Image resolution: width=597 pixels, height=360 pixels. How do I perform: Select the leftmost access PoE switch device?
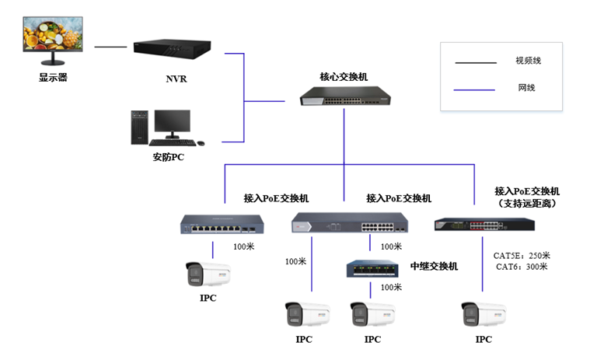tap(218, 224)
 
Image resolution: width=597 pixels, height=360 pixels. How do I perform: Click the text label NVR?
tap(176, 79)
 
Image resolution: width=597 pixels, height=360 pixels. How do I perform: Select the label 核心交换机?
tap(344, 76)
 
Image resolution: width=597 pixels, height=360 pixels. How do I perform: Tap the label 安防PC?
tap(169, 158)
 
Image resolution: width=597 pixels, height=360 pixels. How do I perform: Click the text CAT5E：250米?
tap(522, 255)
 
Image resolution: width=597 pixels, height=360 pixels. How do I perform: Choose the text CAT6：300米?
tap(522, 267)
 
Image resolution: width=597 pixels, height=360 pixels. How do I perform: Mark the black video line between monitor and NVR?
tap(110, 47)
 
